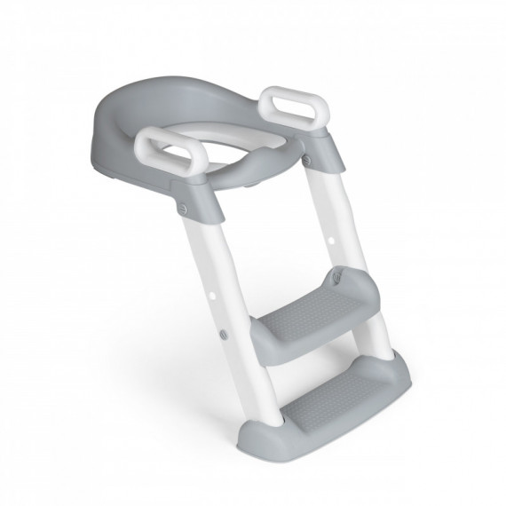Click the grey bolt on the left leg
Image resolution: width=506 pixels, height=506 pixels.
(221, 333)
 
